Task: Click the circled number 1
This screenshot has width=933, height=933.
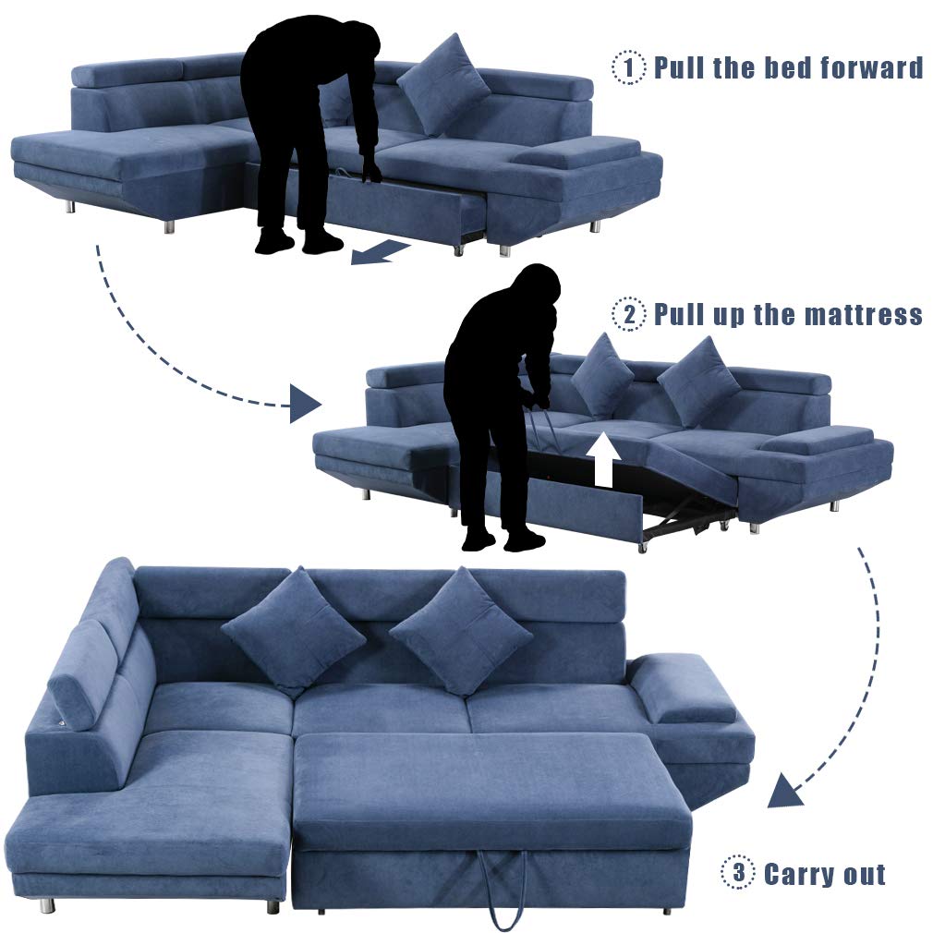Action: click(x=629, y=67)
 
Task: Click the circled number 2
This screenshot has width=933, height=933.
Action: click(x=629, y=314)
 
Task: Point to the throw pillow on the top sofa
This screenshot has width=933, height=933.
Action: click(x=443, y=85)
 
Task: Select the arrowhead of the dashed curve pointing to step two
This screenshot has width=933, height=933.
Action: click(x=304, y=404)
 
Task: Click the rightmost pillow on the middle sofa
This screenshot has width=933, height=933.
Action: click(x=699, y=381)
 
